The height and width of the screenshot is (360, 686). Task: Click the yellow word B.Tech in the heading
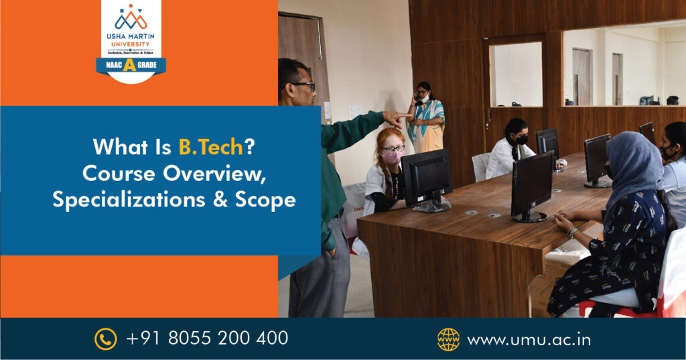[211, 147]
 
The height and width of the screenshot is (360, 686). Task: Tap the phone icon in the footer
[105, 339]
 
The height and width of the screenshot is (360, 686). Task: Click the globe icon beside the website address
[448, 339]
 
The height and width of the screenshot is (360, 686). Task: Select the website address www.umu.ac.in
[529, 340]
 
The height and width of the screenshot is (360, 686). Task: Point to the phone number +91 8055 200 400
[207, 338]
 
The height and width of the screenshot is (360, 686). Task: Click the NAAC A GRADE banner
[131, 66]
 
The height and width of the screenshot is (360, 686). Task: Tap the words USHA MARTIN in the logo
[131, 36]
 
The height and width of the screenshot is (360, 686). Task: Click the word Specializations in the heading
[129, 200]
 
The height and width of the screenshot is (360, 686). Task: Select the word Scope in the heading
[265, 200]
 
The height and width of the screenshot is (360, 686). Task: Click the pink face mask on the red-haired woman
[393, 158]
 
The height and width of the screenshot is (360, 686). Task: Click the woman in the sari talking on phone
[425, 118]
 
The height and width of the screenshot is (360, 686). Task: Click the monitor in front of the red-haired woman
[427, 180]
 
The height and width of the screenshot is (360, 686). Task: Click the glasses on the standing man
[302, 85]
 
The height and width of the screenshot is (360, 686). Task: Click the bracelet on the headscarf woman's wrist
[572, 232]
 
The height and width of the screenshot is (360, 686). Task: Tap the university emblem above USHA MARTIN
[131, 17]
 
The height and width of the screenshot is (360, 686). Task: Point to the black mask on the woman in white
[521, 139]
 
